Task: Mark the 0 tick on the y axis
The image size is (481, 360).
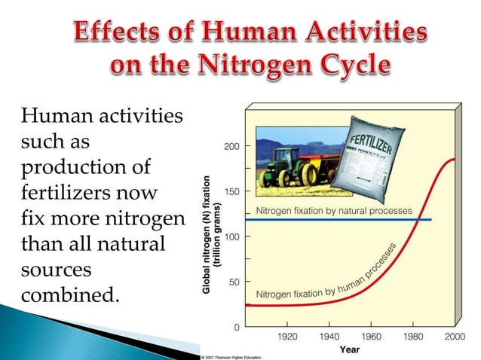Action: click(237, 328)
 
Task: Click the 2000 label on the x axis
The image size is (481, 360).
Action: click(453, 337)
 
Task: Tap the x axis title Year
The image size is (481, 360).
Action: click(349, 349)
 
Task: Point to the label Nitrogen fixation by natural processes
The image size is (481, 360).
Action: click(334, 210)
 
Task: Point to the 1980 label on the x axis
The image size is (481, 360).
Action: click(412, 337)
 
